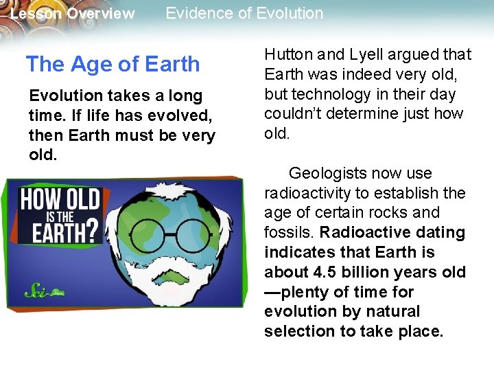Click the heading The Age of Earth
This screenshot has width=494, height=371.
113,65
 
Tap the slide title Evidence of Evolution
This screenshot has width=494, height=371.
244,13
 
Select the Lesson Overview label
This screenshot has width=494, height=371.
73,14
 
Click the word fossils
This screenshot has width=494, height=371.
287,232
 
